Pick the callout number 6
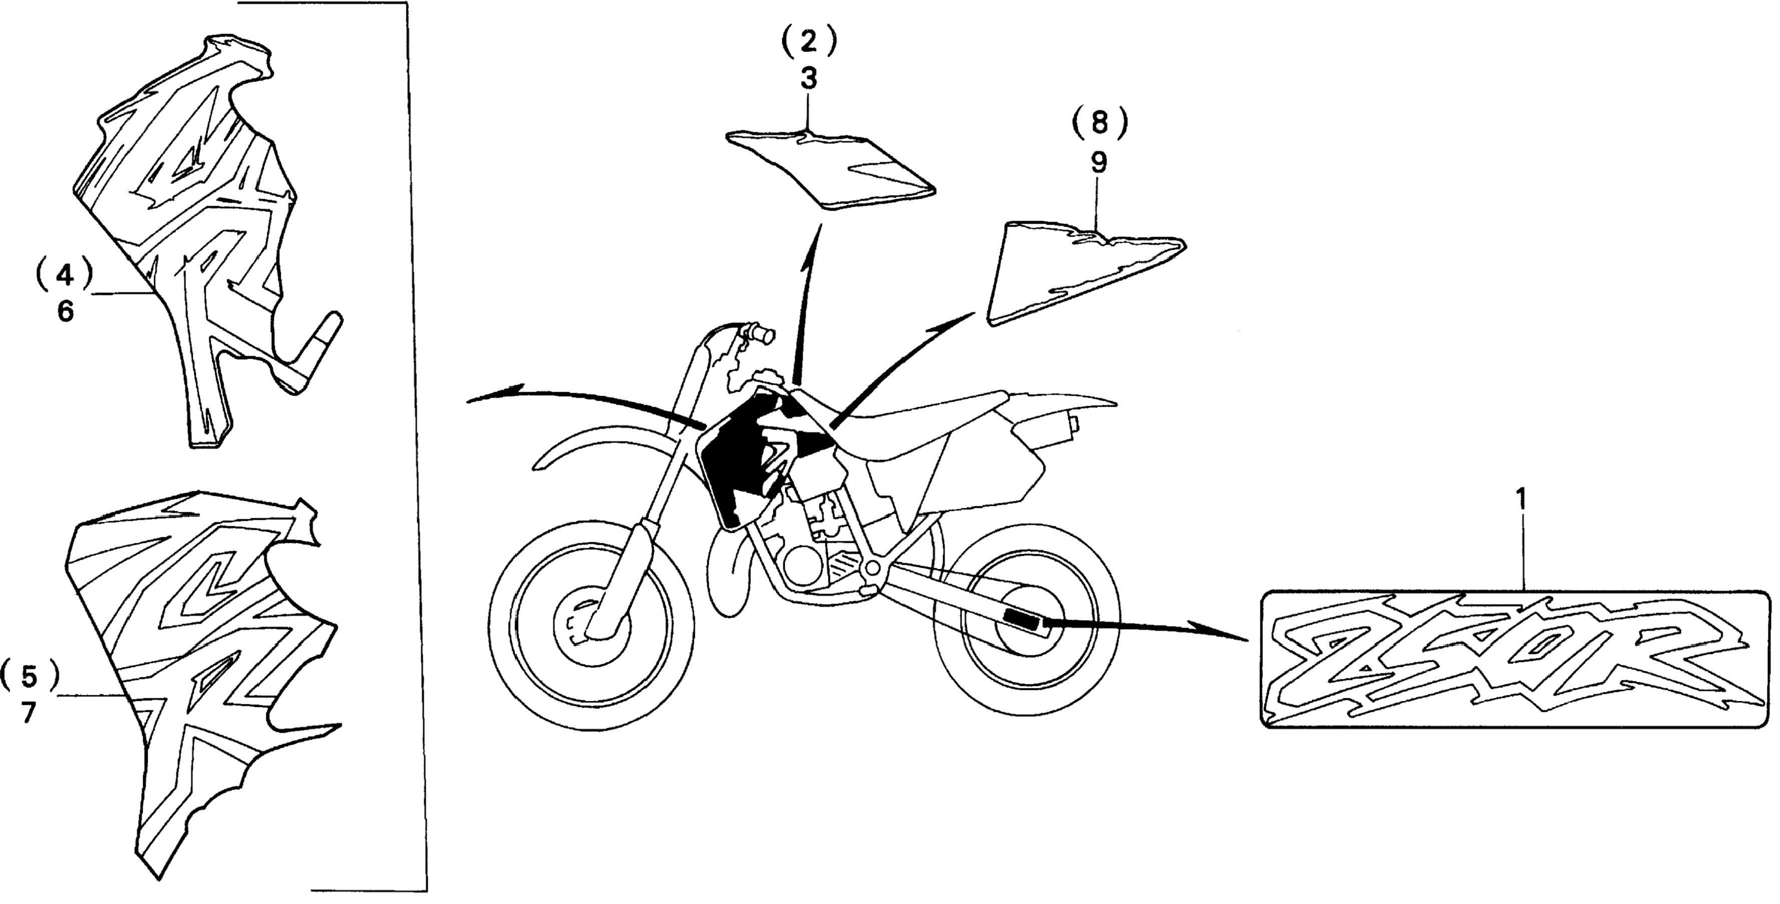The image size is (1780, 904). point(65,312)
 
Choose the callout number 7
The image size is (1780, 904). point(29,712)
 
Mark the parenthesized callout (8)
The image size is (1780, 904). point(1099,124)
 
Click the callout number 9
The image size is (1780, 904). point(1099,163)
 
